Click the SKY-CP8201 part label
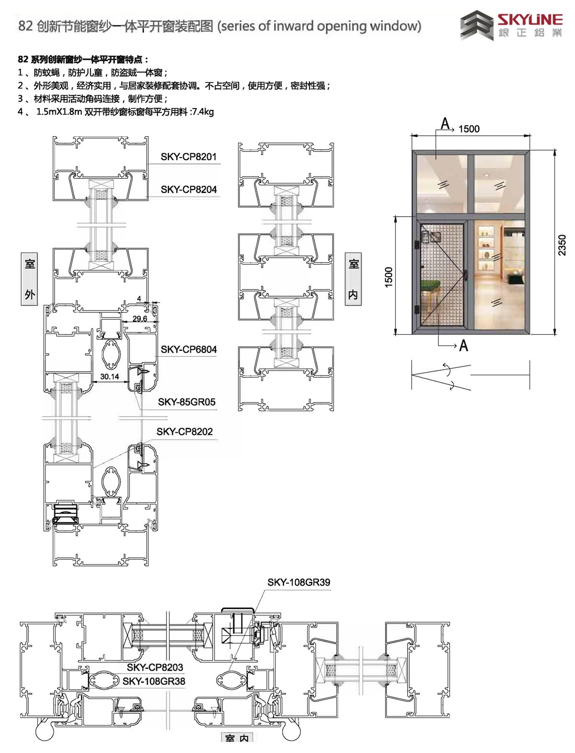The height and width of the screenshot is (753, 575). [x=189, y=157]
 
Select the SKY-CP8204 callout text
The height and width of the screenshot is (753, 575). [x=189, y=189]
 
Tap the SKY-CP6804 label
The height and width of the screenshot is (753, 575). [x=189, y=349]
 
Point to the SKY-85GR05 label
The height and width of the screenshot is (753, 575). [x=186, y=402]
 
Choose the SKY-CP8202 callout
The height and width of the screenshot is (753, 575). [x=184, y=431]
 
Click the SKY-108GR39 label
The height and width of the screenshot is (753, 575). [x=299, y=582]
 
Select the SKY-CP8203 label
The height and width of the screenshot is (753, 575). [x=155, y=667]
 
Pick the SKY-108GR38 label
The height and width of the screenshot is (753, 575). [x=154, y=681]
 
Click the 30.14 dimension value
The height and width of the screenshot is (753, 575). [x=109, y=376]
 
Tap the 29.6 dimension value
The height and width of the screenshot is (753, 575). [x=140, y=319]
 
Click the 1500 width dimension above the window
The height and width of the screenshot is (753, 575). [x=469, y=129]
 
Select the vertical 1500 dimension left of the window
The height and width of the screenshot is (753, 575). [x=389, y=277]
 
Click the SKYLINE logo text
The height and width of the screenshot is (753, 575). [x=530, y=20]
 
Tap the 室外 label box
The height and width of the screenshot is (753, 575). [x=30, y=279]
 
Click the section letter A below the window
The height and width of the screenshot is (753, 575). [x=463, y=346]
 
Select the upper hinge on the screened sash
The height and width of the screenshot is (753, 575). [x=416, y=245]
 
